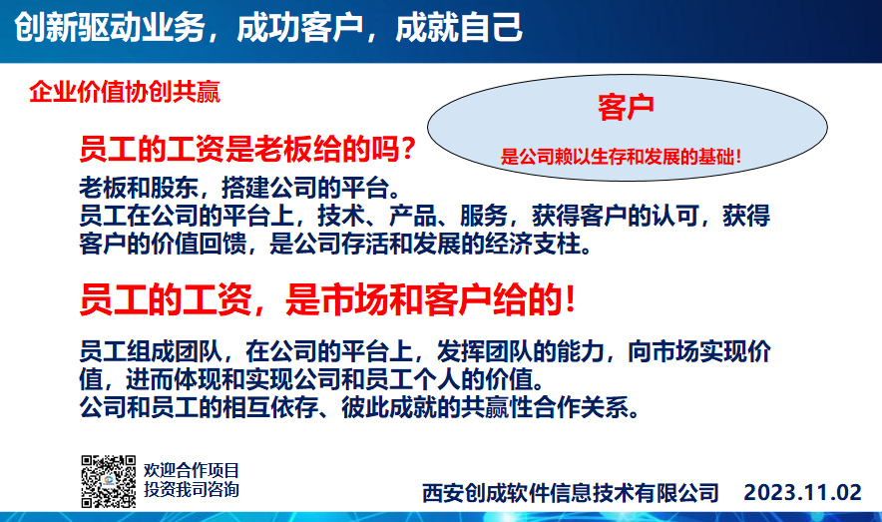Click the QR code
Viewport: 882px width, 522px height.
pos(108,481)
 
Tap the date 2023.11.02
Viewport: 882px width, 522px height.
pos(803,493)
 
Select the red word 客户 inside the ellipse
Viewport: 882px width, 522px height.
pos(626,107)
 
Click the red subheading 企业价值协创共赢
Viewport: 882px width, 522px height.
pos(125,92)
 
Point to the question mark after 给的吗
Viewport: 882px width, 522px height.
pos(408,149)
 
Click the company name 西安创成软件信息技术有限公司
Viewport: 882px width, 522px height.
pos(571,493)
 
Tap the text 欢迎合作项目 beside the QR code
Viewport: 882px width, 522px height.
pos(192,470)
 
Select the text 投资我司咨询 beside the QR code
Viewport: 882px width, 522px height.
pos(192,489)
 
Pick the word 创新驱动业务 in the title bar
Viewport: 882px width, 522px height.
pos(109,27)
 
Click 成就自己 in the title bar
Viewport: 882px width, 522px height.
pos(459,27)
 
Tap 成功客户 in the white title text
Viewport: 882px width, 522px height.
pos(300,27)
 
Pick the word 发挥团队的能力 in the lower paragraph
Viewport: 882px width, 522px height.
pos(520,351)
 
